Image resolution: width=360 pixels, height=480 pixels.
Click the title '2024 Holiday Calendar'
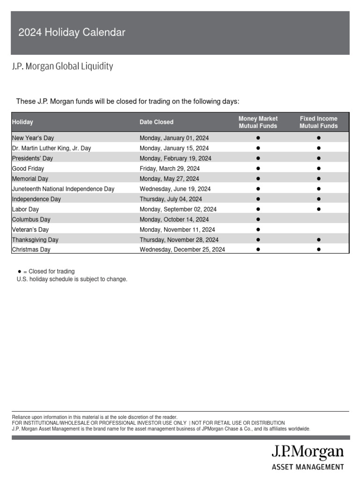tap(72, 32)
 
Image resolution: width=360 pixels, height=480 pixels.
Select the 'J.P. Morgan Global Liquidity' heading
tap(62, 66)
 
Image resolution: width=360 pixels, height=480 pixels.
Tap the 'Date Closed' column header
tap(156, 122)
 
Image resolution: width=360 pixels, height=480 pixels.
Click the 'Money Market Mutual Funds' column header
tap(258, 122)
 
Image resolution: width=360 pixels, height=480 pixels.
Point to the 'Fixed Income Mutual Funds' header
tap(318, 122)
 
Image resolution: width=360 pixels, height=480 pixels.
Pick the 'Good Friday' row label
tap(28, 168)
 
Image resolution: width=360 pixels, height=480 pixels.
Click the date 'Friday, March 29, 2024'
tap(170, 168)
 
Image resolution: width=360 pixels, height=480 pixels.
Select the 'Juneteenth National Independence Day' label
tap(63, 189)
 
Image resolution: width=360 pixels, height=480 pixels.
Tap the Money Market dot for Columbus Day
tap(258, 219)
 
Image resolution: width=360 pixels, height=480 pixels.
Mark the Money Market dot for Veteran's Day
tap(258, 230)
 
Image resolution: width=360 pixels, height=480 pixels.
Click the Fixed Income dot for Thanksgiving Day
tap(318, 240)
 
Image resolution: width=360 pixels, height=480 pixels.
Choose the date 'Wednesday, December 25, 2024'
tap(182, 250)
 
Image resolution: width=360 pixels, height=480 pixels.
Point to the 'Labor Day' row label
tap(25, 209)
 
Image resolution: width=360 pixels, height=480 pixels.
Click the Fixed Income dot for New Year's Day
tap(318, 138)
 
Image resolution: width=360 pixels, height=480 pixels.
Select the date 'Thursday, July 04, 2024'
tap(171, 199)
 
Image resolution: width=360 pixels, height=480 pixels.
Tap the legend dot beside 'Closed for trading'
tap(19, 271)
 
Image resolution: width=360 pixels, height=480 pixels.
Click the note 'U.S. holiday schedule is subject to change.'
tap(72, 279)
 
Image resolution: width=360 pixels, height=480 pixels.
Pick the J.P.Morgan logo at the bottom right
tap(307, 453)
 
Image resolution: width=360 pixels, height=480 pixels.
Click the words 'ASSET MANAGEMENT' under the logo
tap(307, 467)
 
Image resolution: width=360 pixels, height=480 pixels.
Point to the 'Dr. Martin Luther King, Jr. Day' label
tap(52, 148)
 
